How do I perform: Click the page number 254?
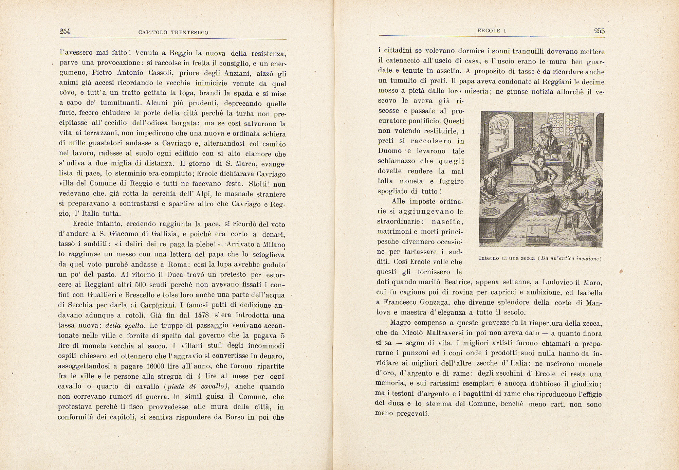tap(65, 32)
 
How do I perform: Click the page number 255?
tap(599, 31)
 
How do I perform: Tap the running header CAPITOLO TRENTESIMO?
tap(173, 33)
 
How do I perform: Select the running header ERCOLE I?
tap(492, 31)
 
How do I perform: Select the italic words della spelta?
tap(126, 325)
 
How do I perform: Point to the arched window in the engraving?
tap(499, 131)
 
